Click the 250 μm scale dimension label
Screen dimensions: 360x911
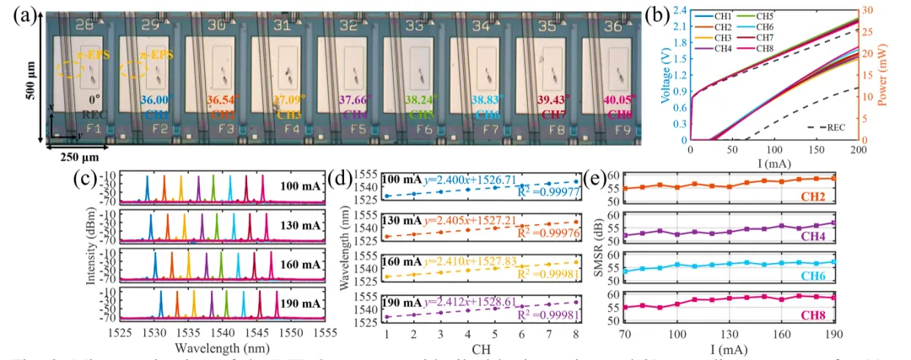pyautogui.click(x=63, y=156)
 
